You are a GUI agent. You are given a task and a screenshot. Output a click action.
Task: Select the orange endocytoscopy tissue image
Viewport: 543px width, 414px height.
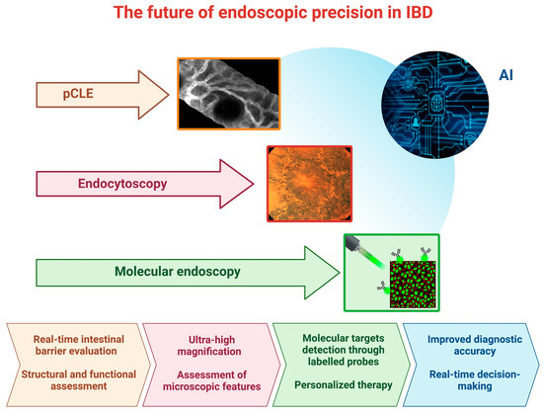click(x=309, y=183)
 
